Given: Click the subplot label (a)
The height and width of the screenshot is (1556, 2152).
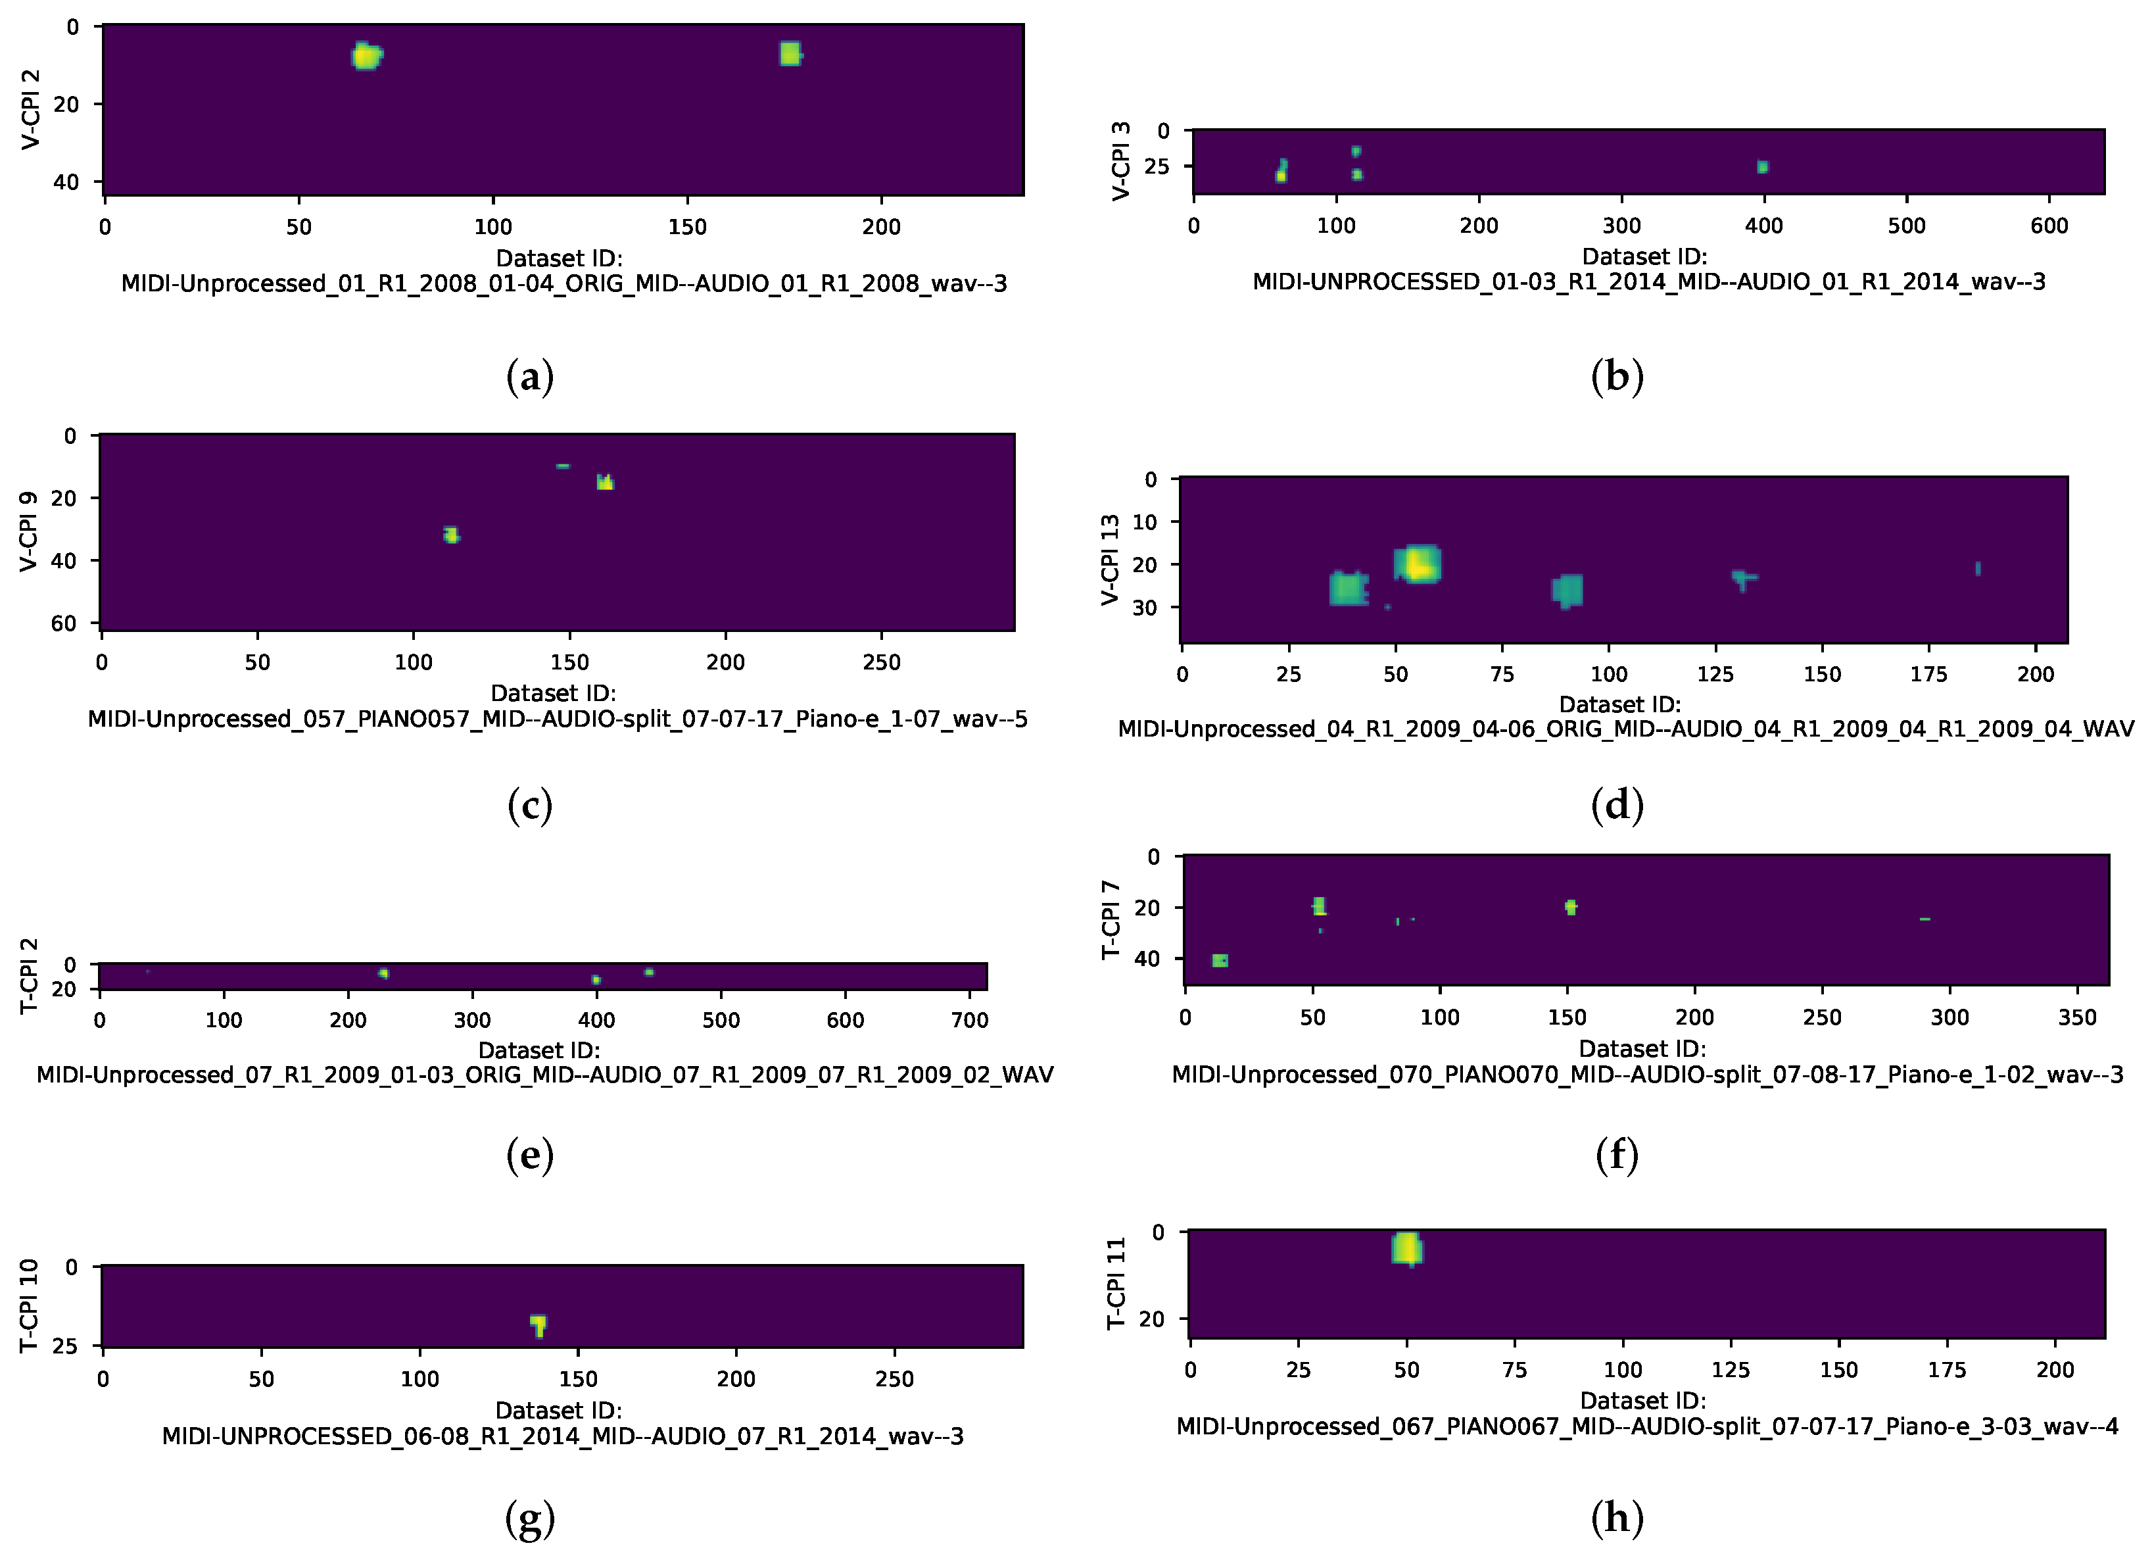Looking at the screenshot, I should pos(529,377).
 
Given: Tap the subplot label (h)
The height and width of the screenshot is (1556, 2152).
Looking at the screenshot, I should pos(1617,1517).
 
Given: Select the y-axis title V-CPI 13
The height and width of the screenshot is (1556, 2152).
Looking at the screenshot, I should pos(1110,560).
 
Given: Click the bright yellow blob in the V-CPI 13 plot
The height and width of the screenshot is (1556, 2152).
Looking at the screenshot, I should pos(1418,564).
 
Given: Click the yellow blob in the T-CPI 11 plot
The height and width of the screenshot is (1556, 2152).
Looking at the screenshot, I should pos(1407,1249).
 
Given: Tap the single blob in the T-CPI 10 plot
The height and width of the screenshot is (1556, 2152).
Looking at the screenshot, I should pos(538,1324).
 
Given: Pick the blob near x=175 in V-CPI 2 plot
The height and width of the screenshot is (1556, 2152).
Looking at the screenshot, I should pos(790,54).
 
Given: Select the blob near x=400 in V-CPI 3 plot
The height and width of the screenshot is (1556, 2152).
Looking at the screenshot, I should pos(1762,167).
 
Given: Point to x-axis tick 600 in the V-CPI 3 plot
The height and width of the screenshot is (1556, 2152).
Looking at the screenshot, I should pos(2049,226).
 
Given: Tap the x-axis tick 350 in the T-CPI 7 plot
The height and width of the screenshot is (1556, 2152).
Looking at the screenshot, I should pos(2077,1017).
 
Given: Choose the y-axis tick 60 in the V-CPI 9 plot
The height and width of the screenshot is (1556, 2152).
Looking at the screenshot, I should pos(64,623).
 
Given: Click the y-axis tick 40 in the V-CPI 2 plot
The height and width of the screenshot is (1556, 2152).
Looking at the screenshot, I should pos(66,182).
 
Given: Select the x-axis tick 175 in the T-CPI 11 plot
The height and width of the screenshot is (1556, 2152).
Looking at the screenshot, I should pos(1947,1370).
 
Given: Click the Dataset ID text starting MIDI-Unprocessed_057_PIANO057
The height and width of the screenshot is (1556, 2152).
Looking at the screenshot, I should pos(557,719).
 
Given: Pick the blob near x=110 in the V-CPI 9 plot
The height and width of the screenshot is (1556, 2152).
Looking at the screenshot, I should pos(450,535).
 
